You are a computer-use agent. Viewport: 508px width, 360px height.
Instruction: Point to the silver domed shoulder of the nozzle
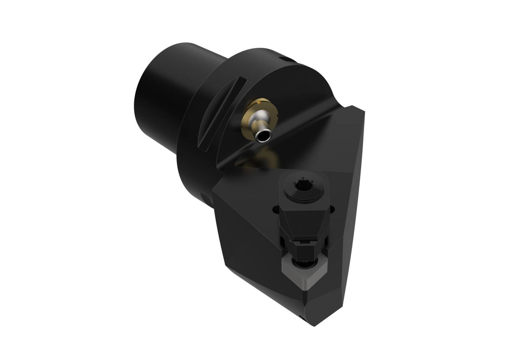pyautogui.click(x=255, y=123)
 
